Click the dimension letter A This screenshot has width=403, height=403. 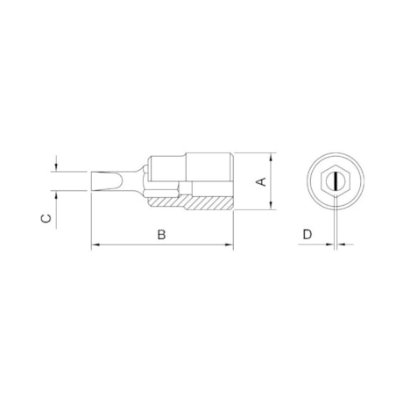261,181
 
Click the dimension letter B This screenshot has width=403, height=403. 161,235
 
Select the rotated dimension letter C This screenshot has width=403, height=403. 46,218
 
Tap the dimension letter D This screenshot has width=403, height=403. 308,235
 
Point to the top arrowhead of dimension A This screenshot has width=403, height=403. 272,157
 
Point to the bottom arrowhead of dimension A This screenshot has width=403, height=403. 272,205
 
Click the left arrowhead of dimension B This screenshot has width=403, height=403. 95,244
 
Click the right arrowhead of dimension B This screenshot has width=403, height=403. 229,244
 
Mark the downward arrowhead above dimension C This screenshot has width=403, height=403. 56,167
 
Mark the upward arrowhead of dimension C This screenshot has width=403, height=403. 56,195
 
